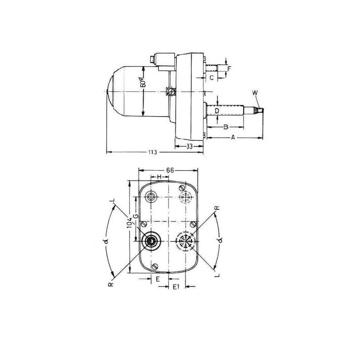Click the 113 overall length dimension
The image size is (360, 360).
[x=152, y=152]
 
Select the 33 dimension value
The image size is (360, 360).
[x=189, y=146]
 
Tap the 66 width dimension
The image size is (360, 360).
[x=170, y=170]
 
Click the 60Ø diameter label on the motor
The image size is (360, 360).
[x=143, y=81]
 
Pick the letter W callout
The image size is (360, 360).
[x=255, y=93]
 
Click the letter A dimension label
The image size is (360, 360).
[x=233, y=138]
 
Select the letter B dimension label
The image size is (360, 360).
[x=226, y=127]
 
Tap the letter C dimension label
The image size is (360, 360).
[x=211, y=78]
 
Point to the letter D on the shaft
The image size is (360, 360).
[x=217, y=111]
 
